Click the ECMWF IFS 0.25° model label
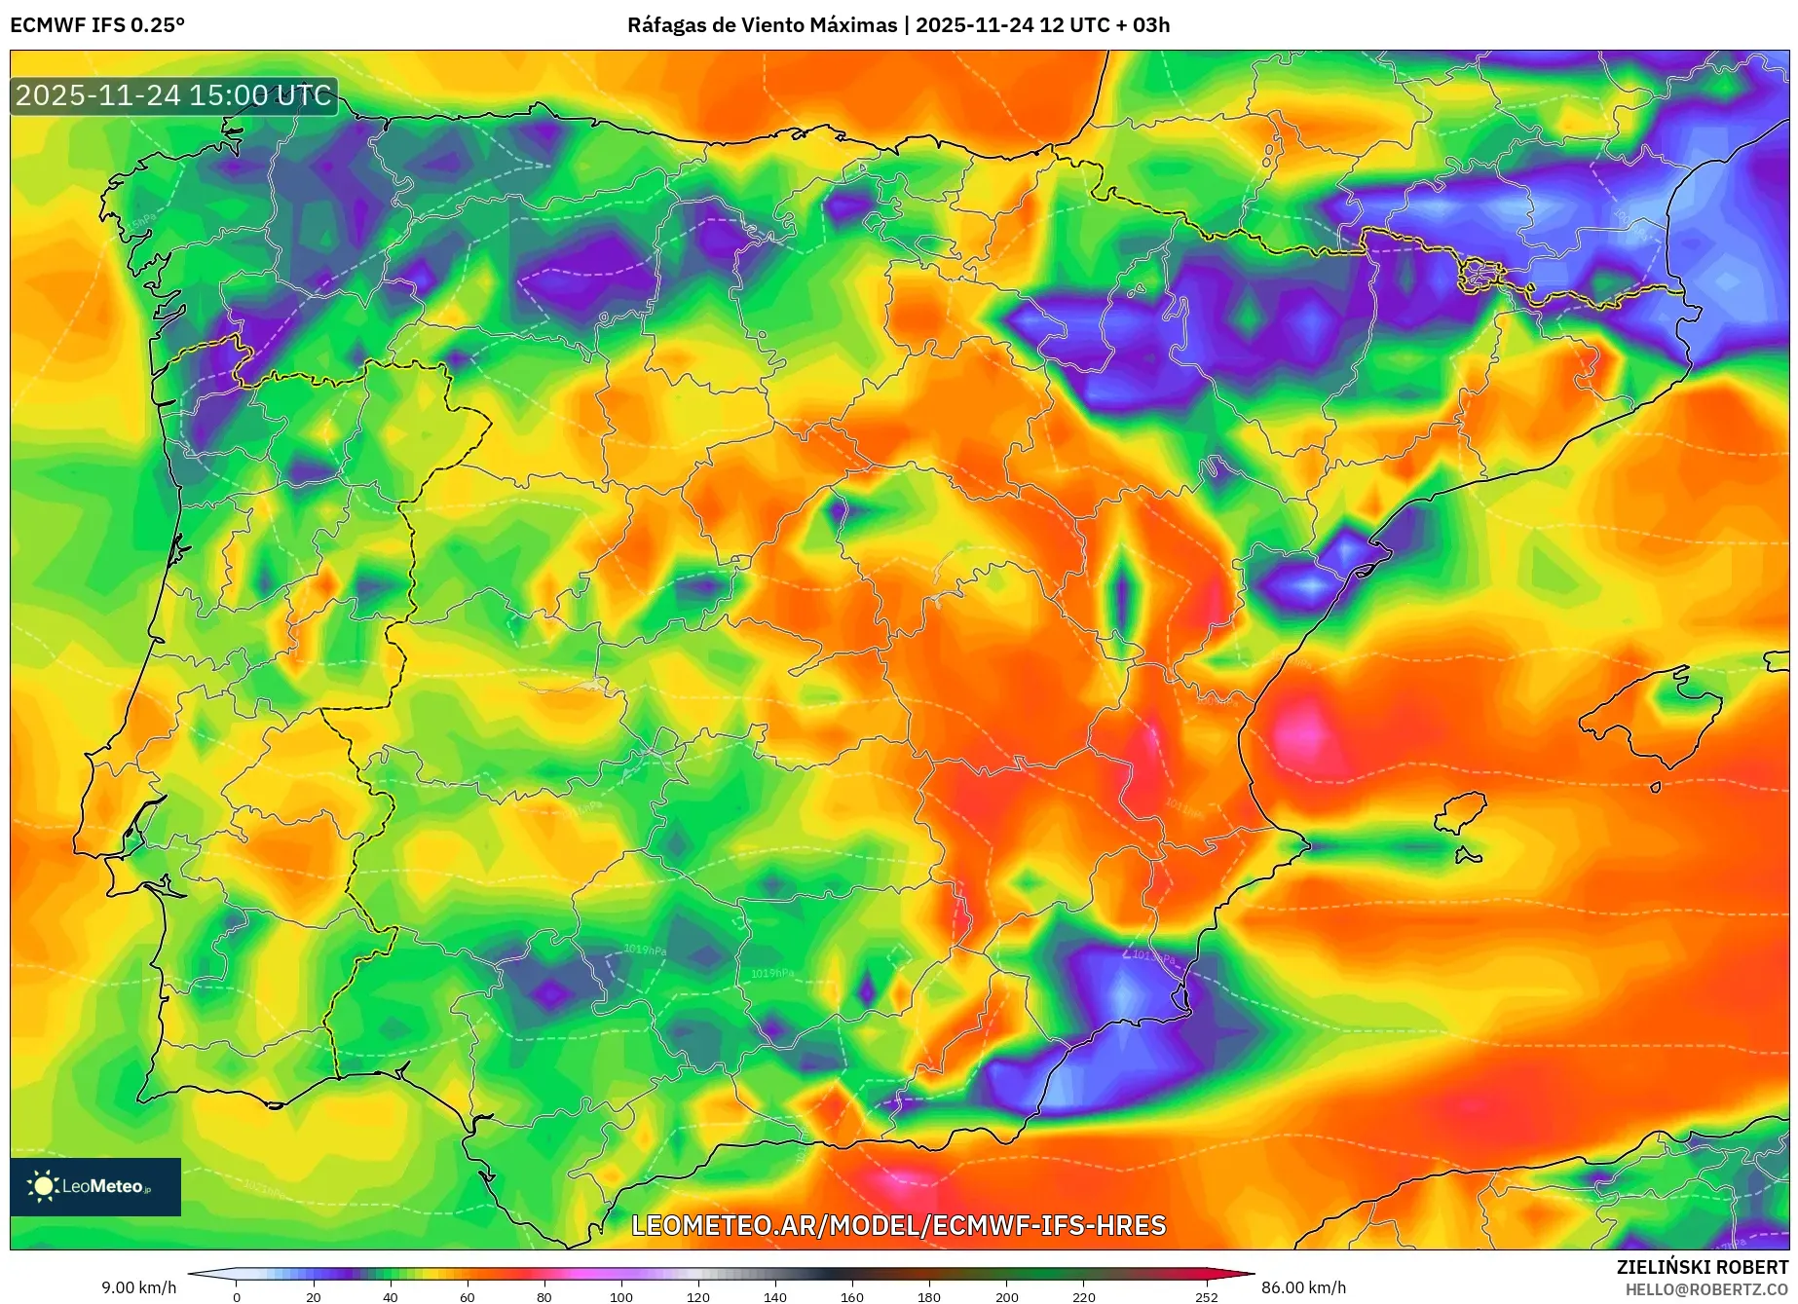click(x=97, y=25)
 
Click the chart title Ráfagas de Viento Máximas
click(x=762, y=25)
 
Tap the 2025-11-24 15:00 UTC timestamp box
click(x=173, y=95)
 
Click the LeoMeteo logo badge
click(x=95, y=1186)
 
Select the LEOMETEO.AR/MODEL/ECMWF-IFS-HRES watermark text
click(x=898, y=1225)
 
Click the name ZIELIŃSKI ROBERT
click(x=1702, y=1267)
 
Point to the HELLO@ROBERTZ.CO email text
click(x=1705, y=1289)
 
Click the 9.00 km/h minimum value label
click(x=139, y=1287)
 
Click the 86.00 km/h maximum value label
click(x=1303, y=1287)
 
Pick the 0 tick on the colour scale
click(x=237, y=1296)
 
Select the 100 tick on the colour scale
click(x=621, y=1296)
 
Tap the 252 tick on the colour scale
click(x=1207, y=1296)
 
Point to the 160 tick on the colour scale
click(x=852, y=1296)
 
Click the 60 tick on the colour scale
click(x=468, y=1296)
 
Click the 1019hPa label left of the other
click(x=645, y=950)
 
